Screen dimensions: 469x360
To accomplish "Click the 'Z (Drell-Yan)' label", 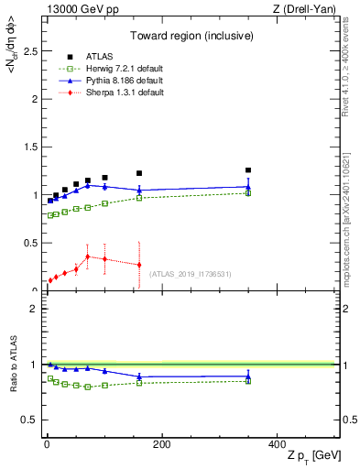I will [309, 8].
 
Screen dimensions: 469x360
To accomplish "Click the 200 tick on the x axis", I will [161, 444].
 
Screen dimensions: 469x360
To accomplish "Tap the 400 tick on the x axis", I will [277, 444].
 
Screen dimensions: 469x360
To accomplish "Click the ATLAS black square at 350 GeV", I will [248, 169].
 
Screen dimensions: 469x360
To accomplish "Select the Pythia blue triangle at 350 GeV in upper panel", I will [248, 187].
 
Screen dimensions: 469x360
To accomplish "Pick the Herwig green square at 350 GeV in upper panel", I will [248, 193].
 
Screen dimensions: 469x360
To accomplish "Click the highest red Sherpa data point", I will [87, 256].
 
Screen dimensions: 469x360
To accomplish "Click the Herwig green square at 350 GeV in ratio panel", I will [248, 380].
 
